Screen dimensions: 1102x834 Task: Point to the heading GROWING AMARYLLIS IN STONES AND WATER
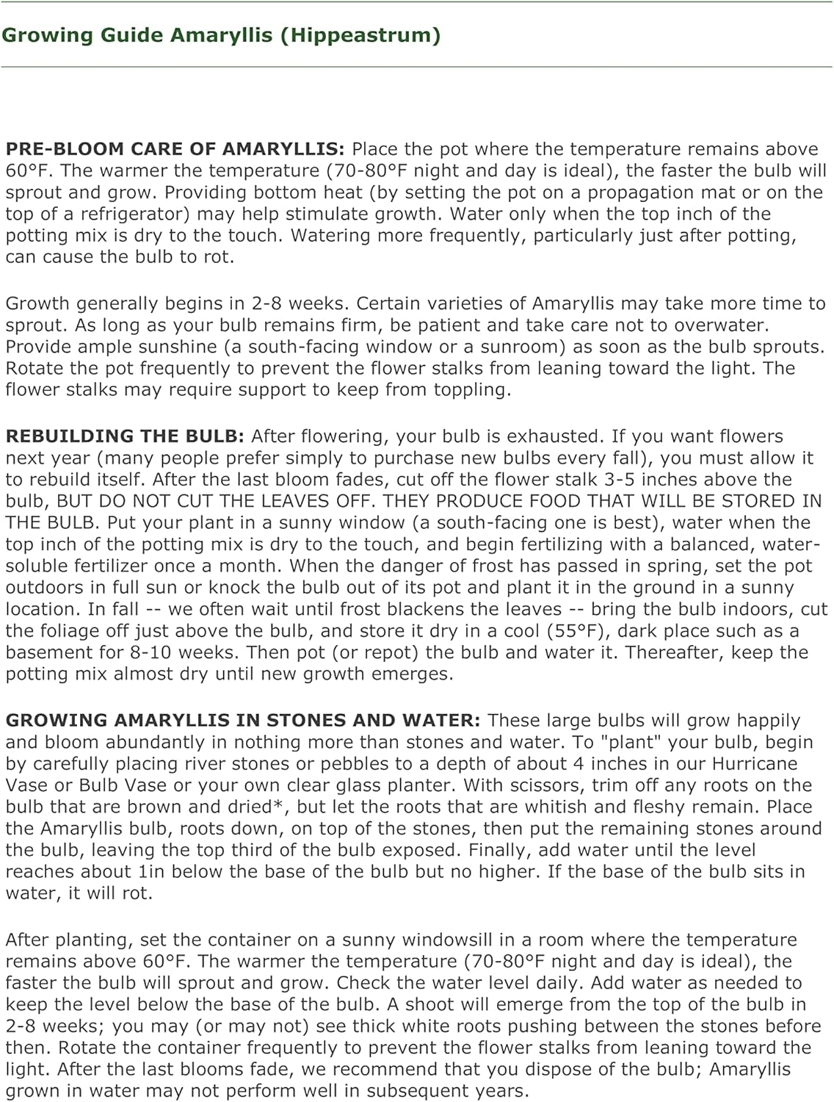pos(242,721)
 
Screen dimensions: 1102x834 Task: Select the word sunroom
pos(525,347)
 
